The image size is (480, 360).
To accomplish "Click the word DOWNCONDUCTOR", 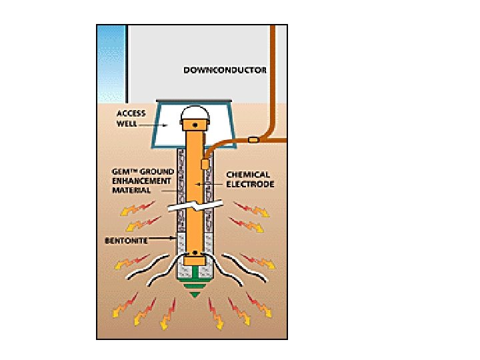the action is pos(225,69).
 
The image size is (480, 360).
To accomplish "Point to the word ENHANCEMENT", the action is pos(142,180).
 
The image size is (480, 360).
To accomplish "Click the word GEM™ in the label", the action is pos(123,171).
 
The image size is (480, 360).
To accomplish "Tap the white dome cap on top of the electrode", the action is pos(195,114).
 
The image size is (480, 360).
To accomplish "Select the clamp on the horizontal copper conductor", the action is pos(253,140).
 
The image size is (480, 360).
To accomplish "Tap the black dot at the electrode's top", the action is pos(195,125).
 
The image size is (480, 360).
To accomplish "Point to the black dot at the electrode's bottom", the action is pos(195,253).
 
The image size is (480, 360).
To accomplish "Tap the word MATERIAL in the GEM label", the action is pos(131,189).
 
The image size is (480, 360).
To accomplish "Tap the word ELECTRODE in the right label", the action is pos(250,183).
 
